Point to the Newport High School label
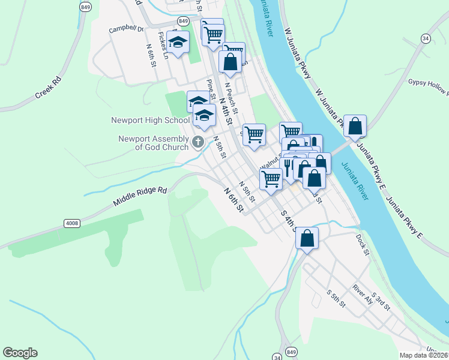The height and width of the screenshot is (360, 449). click(150, 120)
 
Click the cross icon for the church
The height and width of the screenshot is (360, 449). click(198, 142)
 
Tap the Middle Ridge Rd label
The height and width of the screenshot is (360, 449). click(139, 197)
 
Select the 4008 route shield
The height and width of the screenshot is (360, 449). click(71, 223)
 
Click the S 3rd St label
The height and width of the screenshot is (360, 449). click(381, 301)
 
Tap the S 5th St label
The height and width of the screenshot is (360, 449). click(336, 299)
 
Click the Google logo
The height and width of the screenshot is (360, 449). click(20, 353)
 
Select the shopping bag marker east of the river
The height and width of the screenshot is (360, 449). click(355, 127)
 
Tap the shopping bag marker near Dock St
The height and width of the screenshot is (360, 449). click(307, 239)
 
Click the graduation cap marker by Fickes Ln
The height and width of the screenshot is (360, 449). click(178, 42)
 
